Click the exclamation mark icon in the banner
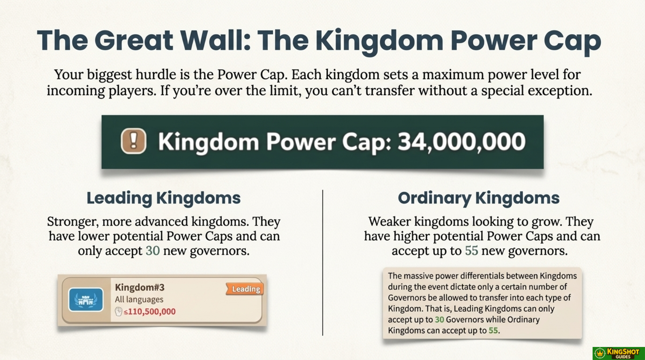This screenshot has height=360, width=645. [x=134, y=141]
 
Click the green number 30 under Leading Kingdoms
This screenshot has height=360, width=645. [x=153, y=251]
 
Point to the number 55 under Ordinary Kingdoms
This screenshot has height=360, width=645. [x=472, y=251]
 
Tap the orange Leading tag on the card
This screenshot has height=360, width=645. [x=245, y=289]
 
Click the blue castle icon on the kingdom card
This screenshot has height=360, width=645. [x=86, y=300]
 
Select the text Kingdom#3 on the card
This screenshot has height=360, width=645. [x=140, y=287]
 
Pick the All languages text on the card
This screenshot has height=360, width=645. [x=139, y=300]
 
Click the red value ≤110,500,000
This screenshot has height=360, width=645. [x=149, y=311]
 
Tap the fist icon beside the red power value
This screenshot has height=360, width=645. [x=119, y=311]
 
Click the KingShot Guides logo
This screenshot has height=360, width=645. [x=619, y=353]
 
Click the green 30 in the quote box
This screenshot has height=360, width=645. [x=439, y=320]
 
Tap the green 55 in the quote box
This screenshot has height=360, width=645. [x=493, y=330]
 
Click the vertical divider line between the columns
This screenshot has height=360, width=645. [x=322, y=263]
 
